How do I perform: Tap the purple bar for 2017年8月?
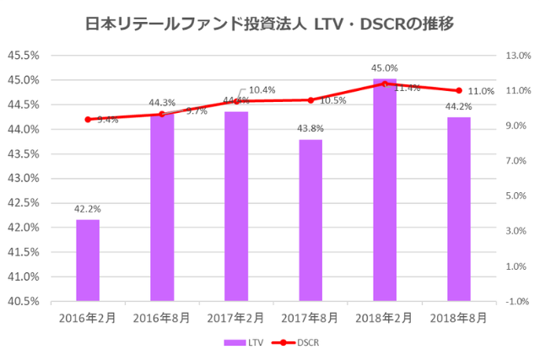click(x=310, y=219)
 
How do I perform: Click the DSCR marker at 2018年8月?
click(x=459, y=90)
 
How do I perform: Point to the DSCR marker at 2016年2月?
click(x=88, y=119)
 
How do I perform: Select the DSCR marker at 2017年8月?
click(x=310, y=99)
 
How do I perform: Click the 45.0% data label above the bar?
click(x=385, y=67)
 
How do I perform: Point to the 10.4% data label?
click(x=262, y=89)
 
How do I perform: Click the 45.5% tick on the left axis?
click(x=23, y=56)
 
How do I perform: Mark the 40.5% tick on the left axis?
click(x=23, y=301)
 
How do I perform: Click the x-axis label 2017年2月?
click(x=236, y=317)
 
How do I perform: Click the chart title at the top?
click(x=270, y=23)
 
